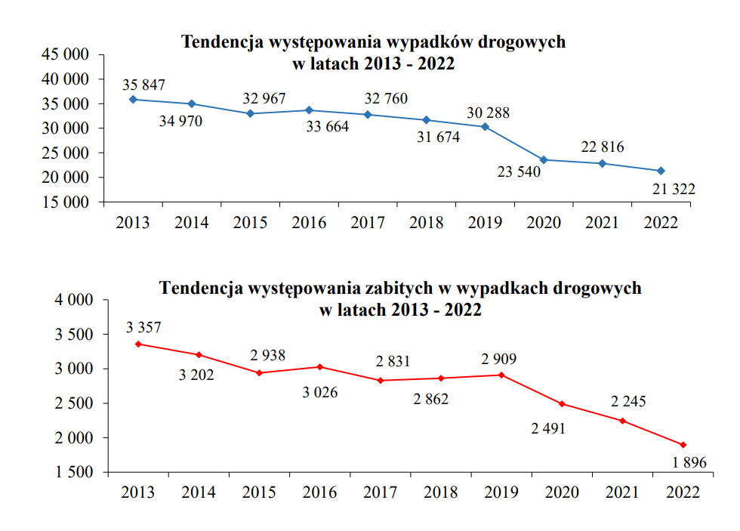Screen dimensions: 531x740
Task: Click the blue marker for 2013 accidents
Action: click(x=133, y=99)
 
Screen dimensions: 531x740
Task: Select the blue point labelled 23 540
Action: click(x=543, y=159)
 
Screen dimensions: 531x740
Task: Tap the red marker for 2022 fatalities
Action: click(x=683, y=445)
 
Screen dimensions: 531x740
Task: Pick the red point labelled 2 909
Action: click(x=501, y=375)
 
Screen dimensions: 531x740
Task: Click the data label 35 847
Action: click(x=143, y=85)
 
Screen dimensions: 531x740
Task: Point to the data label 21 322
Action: click(x=673, y=190)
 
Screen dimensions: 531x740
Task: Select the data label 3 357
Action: click(x=143, y=327)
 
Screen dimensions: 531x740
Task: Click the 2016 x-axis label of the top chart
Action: click(x=309, y=223)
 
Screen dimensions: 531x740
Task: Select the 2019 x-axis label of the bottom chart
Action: click(x=501, y=492)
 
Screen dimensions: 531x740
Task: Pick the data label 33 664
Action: click(x=327, y=127)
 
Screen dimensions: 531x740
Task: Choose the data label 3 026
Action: click(x=319, y=392)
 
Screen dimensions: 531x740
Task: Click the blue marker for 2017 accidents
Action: click(x=368, y=114)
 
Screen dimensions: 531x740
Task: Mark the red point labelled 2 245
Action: click(x=622, y=421)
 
